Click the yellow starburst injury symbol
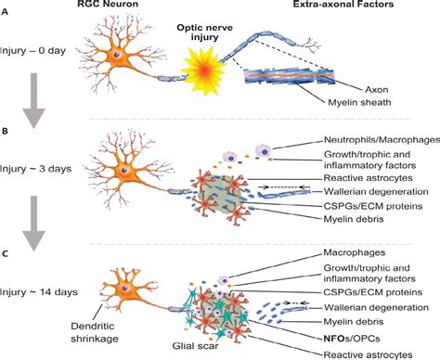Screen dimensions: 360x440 [211, 78]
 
